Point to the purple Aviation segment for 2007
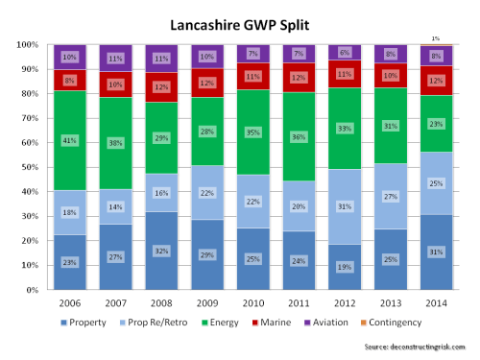(115, 58)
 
